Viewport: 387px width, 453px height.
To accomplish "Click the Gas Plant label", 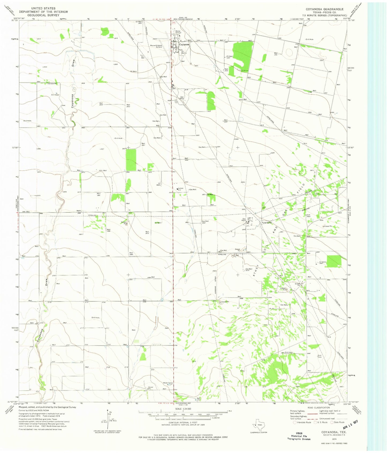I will click(x=244, y=220).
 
